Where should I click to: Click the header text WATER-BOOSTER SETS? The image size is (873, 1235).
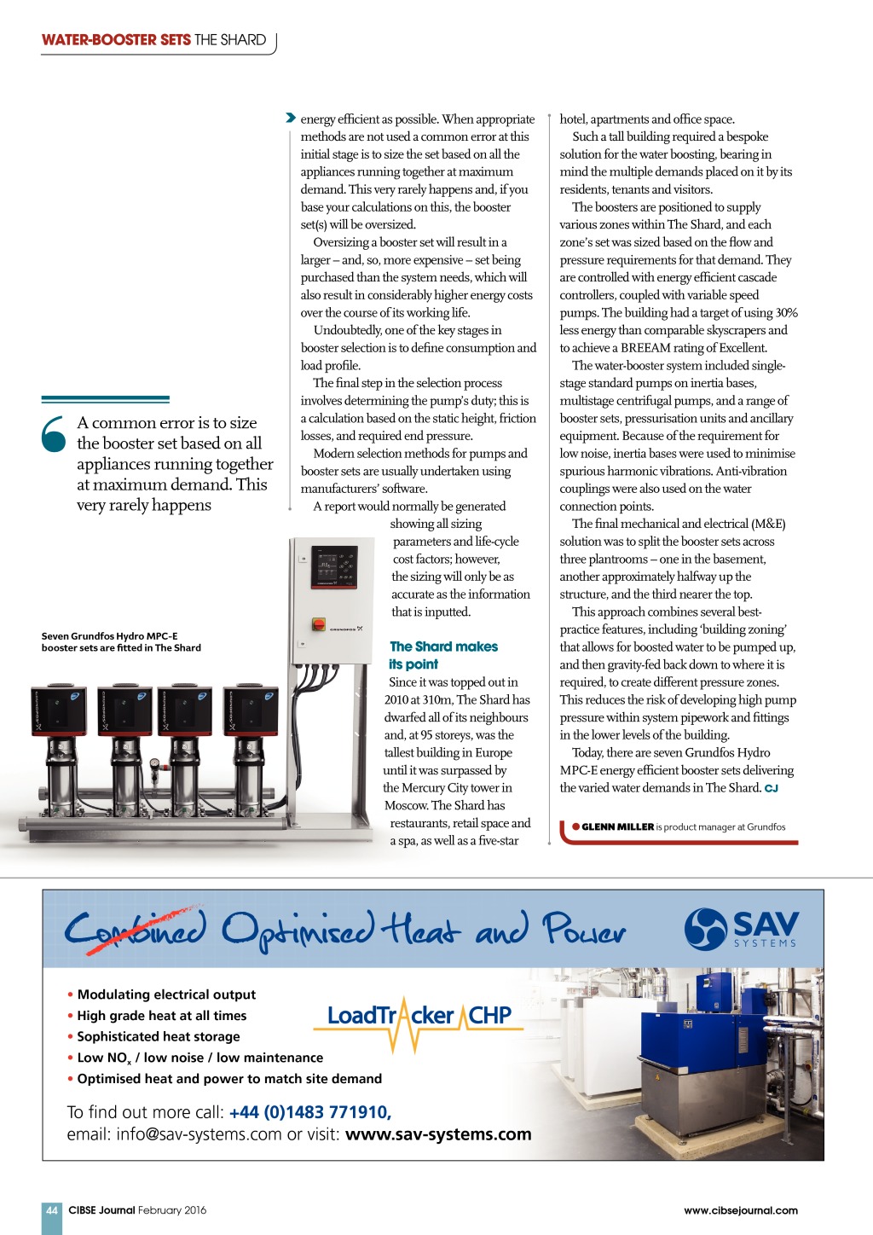pyautogui.click(x=116, y=40)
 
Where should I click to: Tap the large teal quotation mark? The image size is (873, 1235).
pyautogui.click(x=53, y=433)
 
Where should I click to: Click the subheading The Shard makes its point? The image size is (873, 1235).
pyautogui.click(x=442, y=655)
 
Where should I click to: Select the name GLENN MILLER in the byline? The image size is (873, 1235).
pyautogui.click(x=617, y=826)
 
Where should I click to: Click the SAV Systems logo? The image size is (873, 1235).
pyautogui.click(x=742, y=928)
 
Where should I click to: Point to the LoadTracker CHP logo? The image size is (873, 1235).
pyautogui.click(x=419, y=1016)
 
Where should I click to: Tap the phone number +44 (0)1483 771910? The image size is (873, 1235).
pyautogui.click(x=309, y=1112)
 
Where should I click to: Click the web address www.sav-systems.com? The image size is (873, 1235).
pyautogui.click(x=438, y=1134)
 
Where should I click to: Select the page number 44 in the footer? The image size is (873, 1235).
pyautogui.click(x=52, y=1210)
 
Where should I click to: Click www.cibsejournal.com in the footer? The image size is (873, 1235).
pyautogui.click(x=740, y=1210)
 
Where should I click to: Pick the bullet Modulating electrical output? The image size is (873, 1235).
pyautogui.click(x=166, y=994)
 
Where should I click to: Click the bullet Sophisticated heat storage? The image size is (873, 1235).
pyautogui.click(x=159, y=1036)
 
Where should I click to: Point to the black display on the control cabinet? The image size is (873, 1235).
pyautogui.click(x=334, y=565)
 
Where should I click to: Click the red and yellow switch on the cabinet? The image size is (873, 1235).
pyautogui.click(x=318, y=625)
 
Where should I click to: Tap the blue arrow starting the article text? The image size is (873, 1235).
pyautogui.click(x=291, y=119)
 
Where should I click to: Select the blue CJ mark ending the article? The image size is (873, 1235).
pyautogui.click(x=771, y=788)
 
